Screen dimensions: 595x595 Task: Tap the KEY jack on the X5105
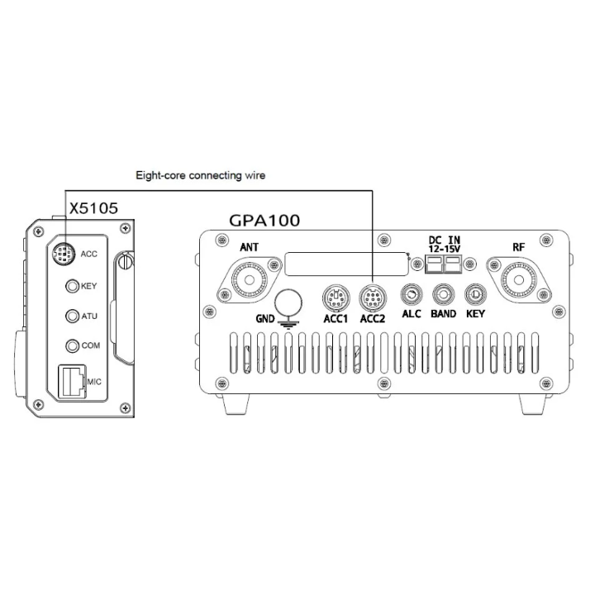coord(72,286)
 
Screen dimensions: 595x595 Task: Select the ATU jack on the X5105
coord(72,316)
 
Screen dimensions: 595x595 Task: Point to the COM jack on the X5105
coord(72,345)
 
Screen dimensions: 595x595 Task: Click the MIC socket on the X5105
coord(72,381)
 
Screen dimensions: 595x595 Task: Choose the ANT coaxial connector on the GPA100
coord(250,280)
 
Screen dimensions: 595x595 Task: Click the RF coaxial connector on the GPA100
coord(519,280)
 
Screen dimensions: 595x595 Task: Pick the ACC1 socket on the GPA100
coord(336,297)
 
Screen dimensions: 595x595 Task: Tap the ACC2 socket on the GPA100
coord(373,297)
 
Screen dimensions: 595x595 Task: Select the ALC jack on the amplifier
coord(412,294)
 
